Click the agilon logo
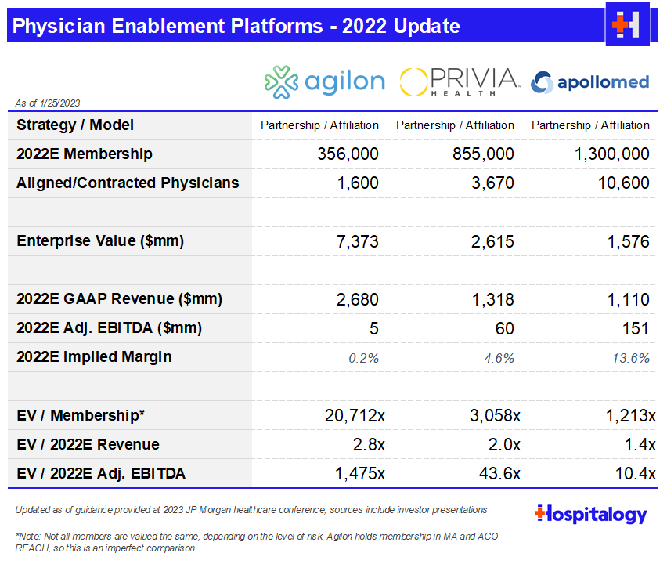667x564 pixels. (x=324, y=81)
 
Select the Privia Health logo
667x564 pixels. (x=460, y=81)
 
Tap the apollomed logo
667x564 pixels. (x=590, y=81)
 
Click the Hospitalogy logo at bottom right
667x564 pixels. (x=591, y=515)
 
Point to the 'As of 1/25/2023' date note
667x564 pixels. (x=48, y=103)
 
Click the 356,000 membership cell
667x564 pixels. (x=348, y=154)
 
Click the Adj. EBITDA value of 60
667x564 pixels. (x=504, y=328)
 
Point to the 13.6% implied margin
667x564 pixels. (x=633, y=357)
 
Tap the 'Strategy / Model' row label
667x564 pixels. (x=75, y=125)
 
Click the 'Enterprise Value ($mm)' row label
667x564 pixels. (x=100, y=241)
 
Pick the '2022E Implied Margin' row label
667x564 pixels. (x=94, y=357)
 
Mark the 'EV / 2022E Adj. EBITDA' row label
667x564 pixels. (x=101, y=473)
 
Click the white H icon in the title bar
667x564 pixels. (x=628, y=24)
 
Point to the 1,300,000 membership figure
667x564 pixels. (x=612, y=154)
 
